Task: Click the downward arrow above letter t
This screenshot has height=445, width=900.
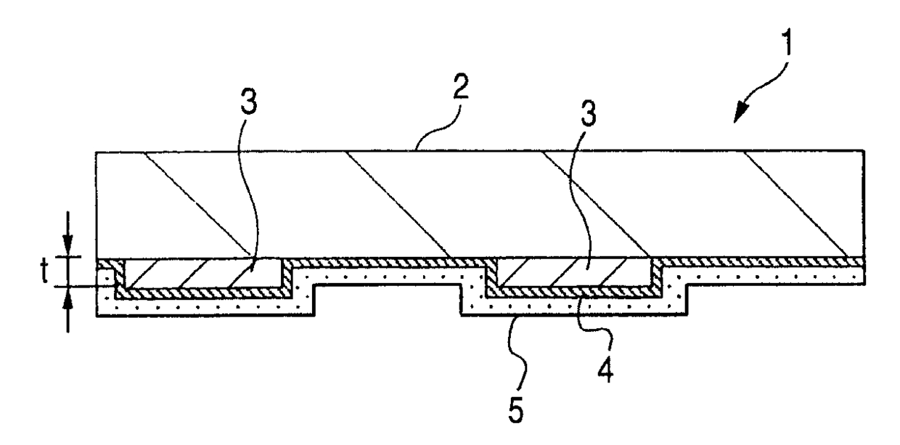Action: (67, 243)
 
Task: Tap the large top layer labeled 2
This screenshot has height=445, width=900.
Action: (479, 203)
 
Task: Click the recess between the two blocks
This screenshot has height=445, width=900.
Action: (388, 299)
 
